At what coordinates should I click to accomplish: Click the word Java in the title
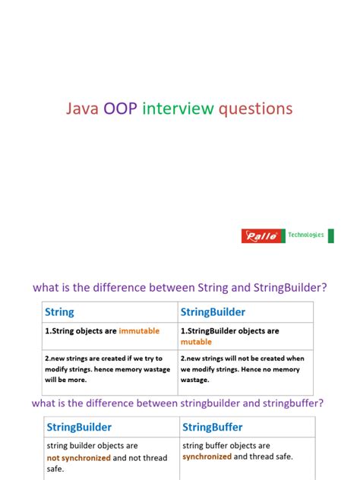[83, 109]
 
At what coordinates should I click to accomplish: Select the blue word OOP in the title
[121, 109]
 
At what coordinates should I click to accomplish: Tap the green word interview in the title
[178, 109]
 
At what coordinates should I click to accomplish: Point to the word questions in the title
[255, 109]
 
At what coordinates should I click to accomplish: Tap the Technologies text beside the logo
[305, 235]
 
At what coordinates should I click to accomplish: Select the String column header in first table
[60, 311]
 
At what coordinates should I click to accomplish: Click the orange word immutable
[141, 331]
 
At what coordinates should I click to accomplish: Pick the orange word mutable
[196, 342]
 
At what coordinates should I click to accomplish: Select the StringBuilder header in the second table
[79, 427]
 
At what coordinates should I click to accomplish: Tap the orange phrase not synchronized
[79, 458]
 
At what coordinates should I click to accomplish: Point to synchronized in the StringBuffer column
[207, 456]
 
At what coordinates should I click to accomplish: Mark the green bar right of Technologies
[330, 235]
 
